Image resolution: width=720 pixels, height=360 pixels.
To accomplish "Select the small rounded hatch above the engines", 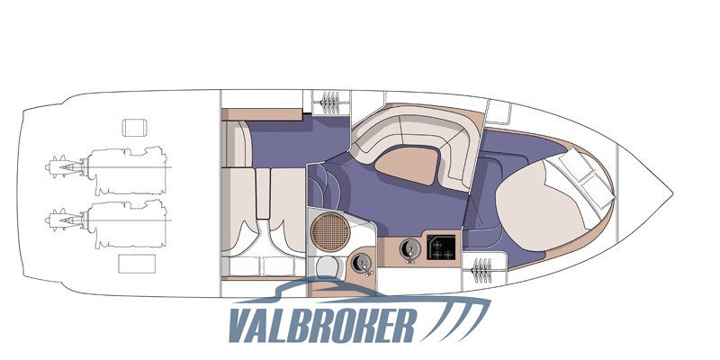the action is (134, 128).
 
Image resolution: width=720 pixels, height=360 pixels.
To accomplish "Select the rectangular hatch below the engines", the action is (137, 264).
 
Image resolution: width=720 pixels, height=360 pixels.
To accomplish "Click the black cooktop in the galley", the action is (441, 247).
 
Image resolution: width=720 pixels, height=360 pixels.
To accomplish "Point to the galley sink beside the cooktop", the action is (410, 249).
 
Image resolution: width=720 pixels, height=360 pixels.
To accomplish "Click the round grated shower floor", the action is (330, 232).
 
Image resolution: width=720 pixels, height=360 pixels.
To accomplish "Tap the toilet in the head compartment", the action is (328, 266).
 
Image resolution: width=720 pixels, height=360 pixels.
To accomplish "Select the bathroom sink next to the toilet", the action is (362, 264).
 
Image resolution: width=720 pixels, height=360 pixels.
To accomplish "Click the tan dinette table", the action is (407, 166).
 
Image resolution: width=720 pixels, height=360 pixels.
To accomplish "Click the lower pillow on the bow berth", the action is (598, 190).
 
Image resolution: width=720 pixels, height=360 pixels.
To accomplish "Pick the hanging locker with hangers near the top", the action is (330, 103).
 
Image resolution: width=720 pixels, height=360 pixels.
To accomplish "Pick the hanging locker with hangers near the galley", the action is (482, 270).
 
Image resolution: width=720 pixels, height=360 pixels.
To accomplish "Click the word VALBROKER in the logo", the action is (322, 325).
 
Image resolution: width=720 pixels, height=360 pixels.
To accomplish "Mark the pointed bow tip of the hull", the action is (672, 193).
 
